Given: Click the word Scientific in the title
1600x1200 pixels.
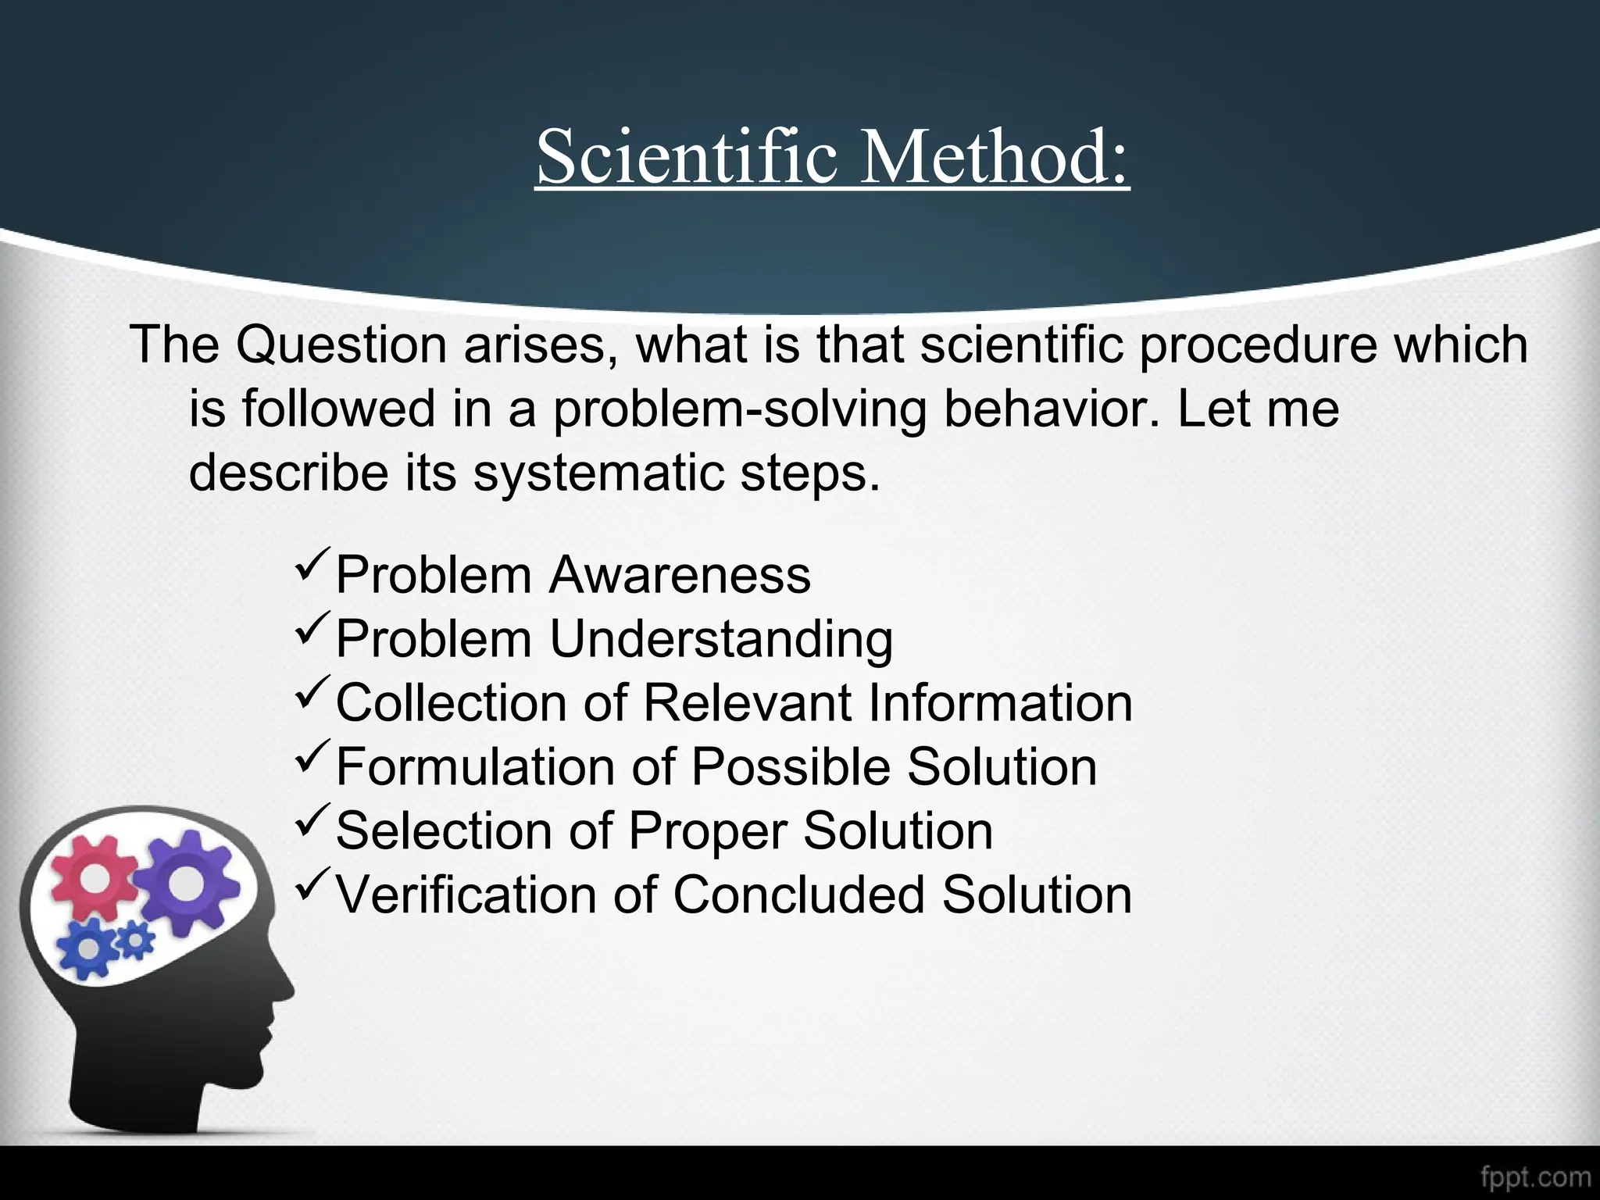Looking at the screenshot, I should point(687,156).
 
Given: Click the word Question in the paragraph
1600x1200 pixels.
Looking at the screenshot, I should point(341,345).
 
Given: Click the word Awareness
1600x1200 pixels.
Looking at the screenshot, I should point(680,576).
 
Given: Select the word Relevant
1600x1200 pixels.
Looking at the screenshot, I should point(746,703).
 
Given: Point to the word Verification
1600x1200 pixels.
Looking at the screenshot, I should point(466,895).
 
